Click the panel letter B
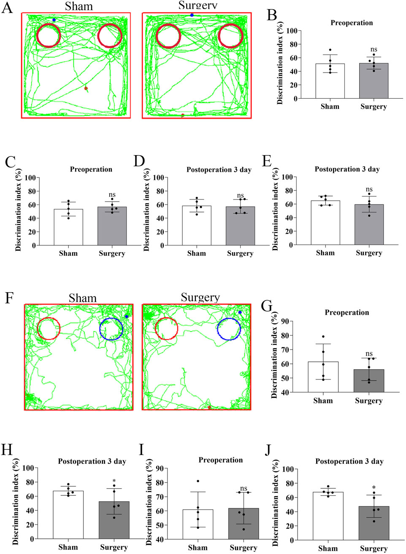272,16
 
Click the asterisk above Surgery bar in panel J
374,488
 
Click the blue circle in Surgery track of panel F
229,329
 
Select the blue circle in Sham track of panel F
111,329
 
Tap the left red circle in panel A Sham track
49,35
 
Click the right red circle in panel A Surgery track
230,35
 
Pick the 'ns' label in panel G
369,354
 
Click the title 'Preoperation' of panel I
221,460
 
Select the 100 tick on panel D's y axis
157,177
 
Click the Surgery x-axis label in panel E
369,253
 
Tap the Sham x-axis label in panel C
68,253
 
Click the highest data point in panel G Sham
323,336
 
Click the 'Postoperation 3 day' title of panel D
219,169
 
